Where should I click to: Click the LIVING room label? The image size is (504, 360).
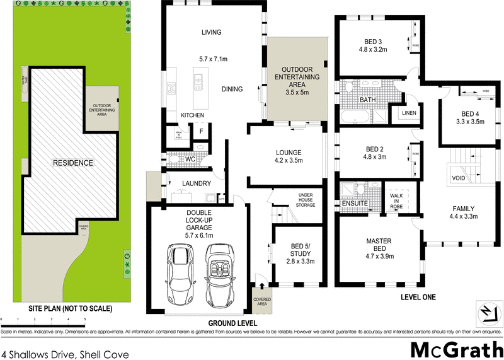212,33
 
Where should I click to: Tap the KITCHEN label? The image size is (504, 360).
192,115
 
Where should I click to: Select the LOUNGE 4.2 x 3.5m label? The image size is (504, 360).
289,156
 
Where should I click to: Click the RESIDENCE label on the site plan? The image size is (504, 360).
72,163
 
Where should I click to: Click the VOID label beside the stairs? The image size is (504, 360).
459,178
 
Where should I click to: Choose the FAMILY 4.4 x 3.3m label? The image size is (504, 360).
463,212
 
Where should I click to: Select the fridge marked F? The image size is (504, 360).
202,131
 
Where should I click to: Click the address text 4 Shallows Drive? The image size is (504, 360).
66,354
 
